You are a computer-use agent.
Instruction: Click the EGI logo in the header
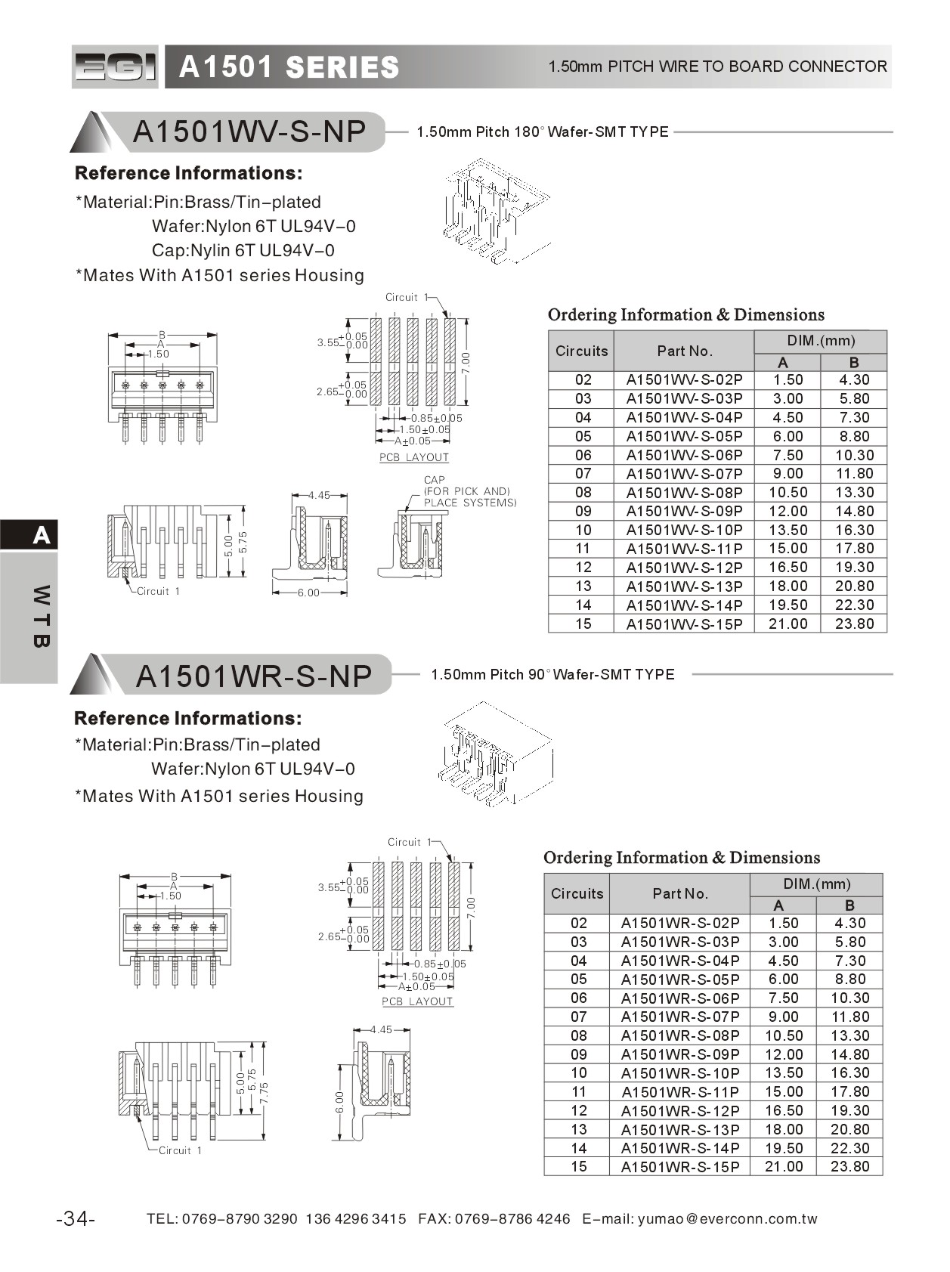pos(115,67)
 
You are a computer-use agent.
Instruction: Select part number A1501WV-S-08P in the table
pos(684,493)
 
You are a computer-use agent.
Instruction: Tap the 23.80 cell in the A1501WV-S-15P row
pos(854,624)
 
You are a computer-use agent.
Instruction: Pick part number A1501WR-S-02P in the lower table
pos(679,923)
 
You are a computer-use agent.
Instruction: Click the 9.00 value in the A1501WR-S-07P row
pos(783,1017)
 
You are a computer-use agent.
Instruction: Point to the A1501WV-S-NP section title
pos(249,132)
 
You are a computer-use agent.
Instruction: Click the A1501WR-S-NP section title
pos(253,676)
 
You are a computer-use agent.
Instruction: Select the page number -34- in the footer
pos(76,1218)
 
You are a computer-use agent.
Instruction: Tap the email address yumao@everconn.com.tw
pos(727,1218)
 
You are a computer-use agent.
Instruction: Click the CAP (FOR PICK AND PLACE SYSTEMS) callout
pos(469,491)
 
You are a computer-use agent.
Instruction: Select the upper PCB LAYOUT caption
pos(413,457)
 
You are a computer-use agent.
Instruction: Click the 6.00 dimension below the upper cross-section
pos(308,593)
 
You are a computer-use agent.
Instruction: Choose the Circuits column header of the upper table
pos(581,351)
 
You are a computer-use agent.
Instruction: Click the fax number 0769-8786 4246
pos(512,1218)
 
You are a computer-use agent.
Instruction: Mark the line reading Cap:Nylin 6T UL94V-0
pos(243,250)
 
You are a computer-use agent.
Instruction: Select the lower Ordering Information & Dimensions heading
pos(681,858)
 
